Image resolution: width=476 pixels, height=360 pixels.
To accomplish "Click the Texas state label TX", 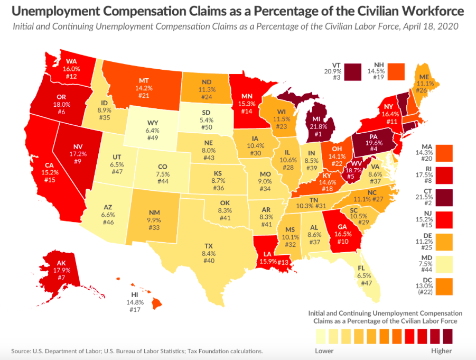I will pyautogui.click(x=209, y=246).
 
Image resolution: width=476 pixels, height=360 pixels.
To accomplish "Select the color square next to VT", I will pyautogui.click(x=353, y=71).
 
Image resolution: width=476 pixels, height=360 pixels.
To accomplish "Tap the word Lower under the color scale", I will pyautogui.click(x=324, y=351).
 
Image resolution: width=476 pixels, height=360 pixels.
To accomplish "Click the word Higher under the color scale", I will pyautogui.click(x=442, y=351).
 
